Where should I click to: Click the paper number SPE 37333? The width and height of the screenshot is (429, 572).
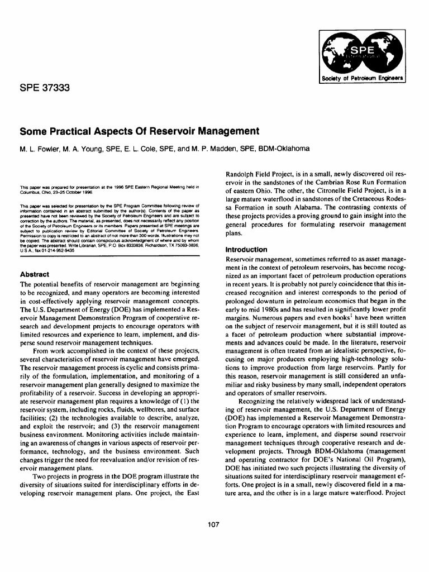(x=44, y=88)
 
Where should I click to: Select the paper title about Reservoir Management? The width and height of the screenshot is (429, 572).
(x=140, y=131)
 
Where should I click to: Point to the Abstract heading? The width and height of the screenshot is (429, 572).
(x=35, y=274)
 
